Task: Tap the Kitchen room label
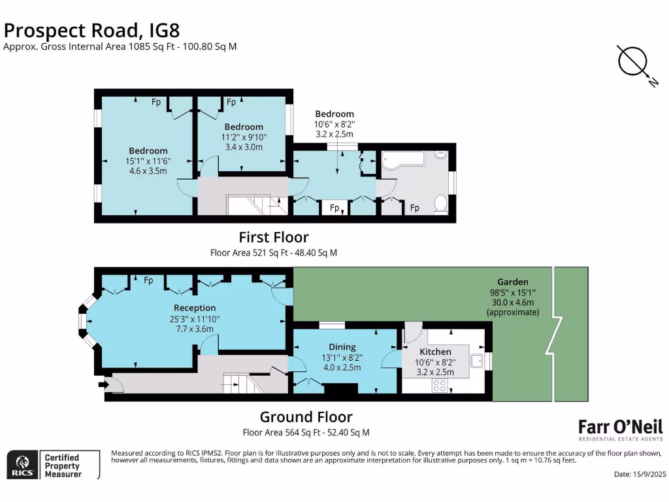tap(435, 352)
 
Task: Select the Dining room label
tap(342, 347)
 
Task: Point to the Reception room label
tap(195, 309)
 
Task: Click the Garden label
tap(513, 282)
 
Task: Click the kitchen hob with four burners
tap(440, 386)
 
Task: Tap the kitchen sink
tap(477, 361)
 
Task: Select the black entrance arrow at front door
tap(104, 384)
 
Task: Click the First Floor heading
tap(274, 237)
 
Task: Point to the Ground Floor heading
tap(306, 416)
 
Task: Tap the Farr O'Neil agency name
tap(621, 427)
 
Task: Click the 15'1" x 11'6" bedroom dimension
tap(148, 161)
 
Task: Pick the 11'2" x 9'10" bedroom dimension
tap(244, 137)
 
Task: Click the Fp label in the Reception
tap(148, 280)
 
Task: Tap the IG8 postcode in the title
tap(164, 30)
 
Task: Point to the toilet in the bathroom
tap(441, 203)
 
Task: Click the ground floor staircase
tap(244, 383)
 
